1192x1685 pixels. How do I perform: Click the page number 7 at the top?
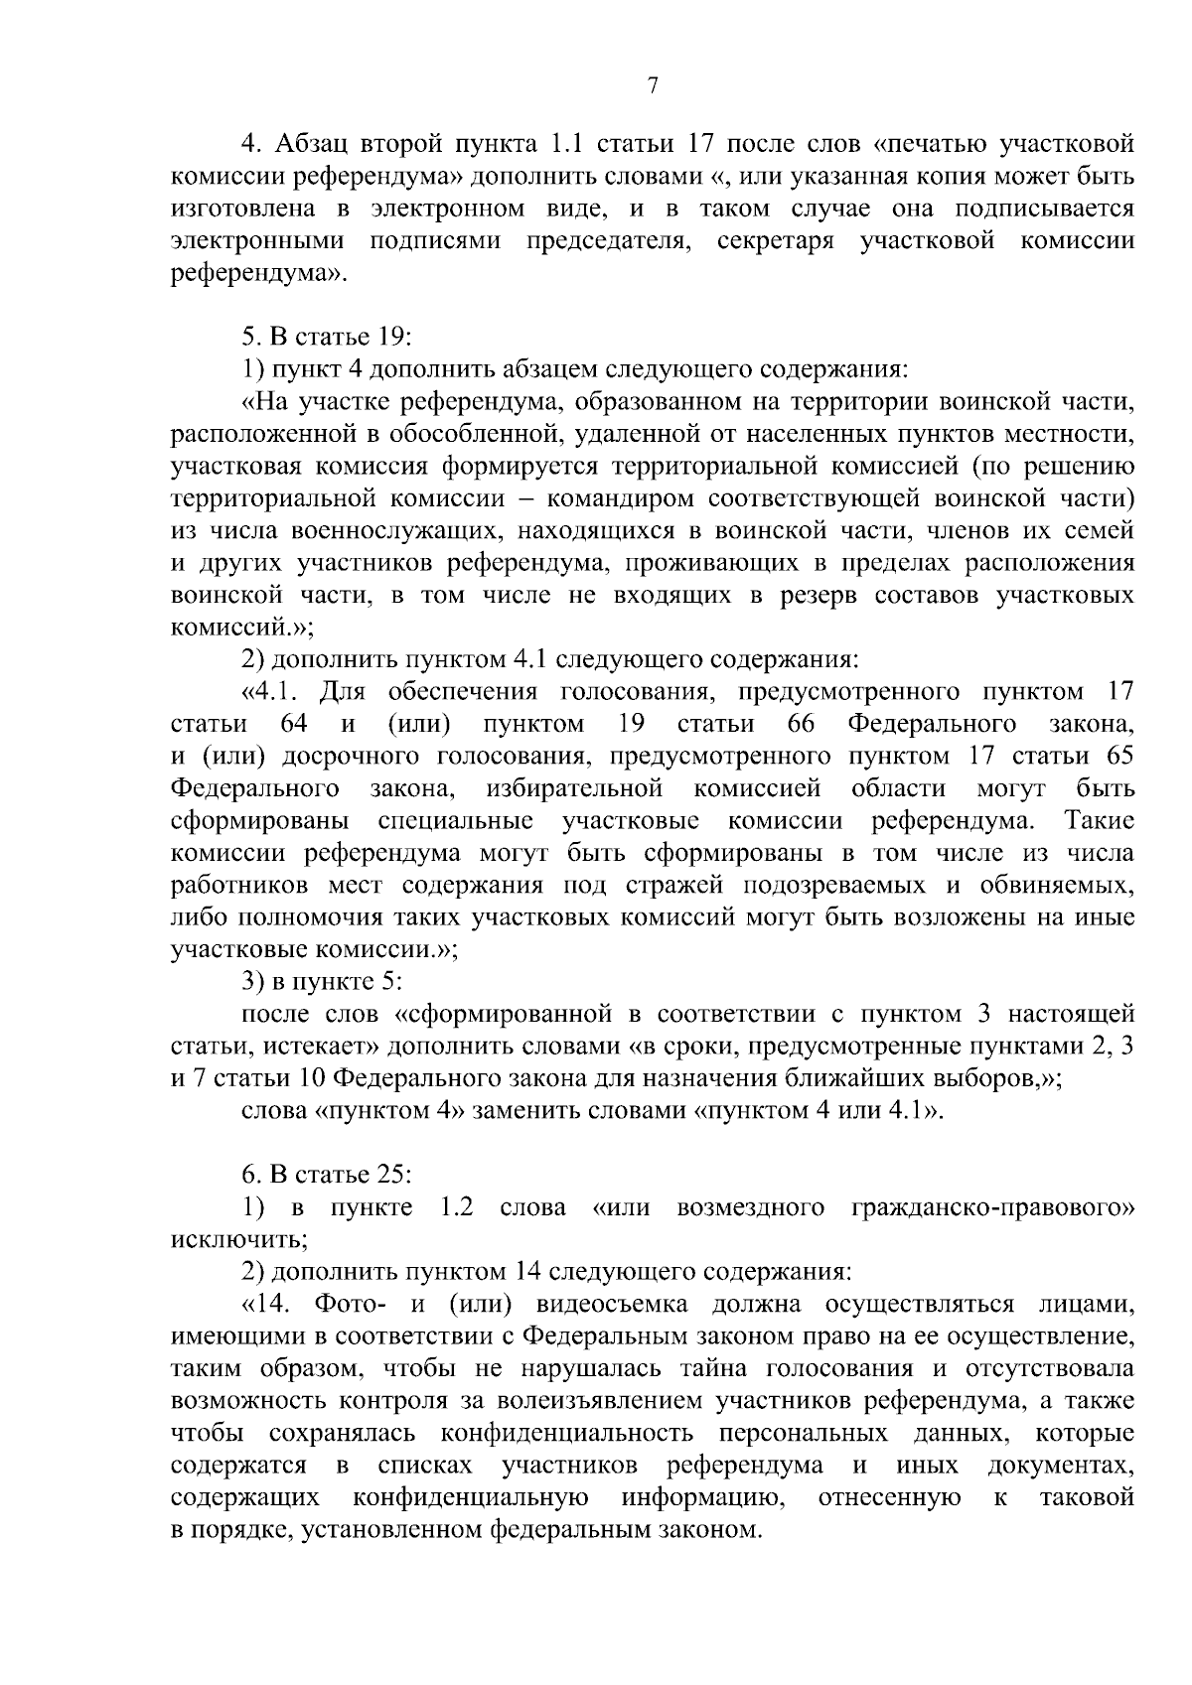click(x=653, y=86)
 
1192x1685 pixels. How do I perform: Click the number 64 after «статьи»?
click(x=294, y=724)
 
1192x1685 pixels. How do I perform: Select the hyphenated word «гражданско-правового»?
click(x=993, y=1207)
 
